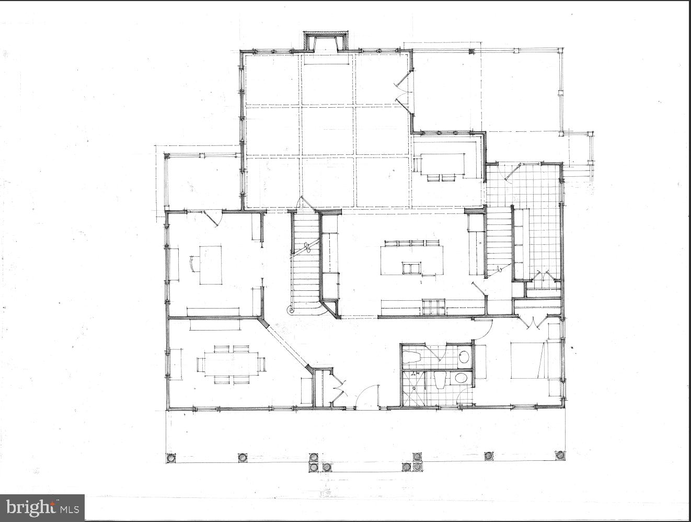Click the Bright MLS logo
[42, 507]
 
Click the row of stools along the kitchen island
[411, 243]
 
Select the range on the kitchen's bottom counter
[433, 307]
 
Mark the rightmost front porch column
[560, 455]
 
